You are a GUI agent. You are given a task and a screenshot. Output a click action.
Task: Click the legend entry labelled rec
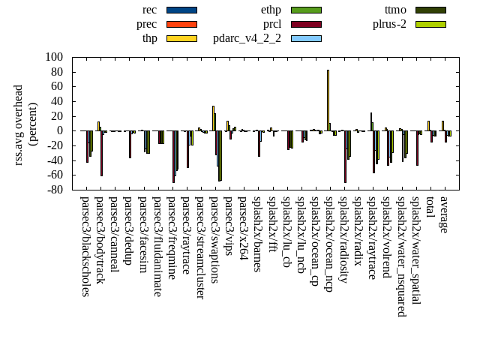point(149,10)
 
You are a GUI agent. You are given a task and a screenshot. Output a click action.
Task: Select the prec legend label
point(147,24)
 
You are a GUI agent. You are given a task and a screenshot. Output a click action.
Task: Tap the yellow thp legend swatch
point(181,38)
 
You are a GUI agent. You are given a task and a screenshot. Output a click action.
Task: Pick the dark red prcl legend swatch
point(306,24)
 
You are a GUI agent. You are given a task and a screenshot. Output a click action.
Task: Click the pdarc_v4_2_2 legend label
point(247,38)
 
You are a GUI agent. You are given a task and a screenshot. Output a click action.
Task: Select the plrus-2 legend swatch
point(430,24)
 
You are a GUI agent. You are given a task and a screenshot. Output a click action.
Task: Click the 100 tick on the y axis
point(53,57)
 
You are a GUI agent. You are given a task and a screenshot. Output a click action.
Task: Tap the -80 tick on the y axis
point(53,190)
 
